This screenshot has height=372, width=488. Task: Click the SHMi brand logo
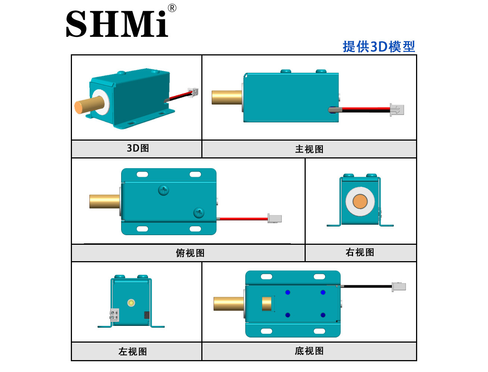pyautogui.click(x=117, y=23)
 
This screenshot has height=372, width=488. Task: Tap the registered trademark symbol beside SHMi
pyautogui.click(x=172, y=8)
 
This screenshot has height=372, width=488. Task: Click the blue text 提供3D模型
pyautogui.click(x=379, y=46)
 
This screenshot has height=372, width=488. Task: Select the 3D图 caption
pyautogui.click(x=138, y=148)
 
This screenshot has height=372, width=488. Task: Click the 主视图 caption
pyautogui.click(x=309, y=149)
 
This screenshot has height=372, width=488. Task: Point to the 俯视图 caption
pyautogui.click(x=190, y=253)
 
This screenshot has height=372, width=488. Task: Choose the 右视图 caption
pyautogui.click(x=360, y=252)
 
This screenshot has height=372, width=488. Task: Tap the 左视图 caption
pyautogui.click(x=133, y=352)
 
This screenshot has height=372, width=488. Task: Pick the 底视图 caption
pyautogui.click(x=309, y=351)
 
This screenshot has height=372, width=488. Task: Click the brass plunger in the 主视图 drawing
pyautogui.click(x=227, y=97)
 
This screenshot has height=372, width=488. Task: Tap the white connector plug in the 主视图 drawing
pyautogui.click(x=397, y=110)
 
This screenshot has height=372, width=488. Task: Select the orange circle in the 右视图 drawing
pyautogui.click(x=360, y=201)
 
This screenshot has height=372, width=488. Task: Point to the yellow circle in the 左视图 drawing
pyautogui.click(x=131, y=303)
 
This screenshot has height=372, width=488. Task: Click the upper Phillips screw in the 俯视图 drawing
pyautogui.click(x=164, y=190)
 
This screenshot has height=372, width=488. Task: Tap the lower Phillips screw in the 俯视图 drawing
pyautogui.click(x=199, y=213)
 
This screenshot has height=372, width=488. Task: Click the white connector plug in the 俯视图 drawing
pyautogui.click(x=275, y=218)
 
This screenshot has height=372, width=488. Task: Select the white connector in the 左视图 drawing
pyautogui.click(x=114, y=315)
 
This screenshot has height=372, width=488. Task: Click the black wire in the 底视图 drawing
pyautogui.click(x=368, y=286)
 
